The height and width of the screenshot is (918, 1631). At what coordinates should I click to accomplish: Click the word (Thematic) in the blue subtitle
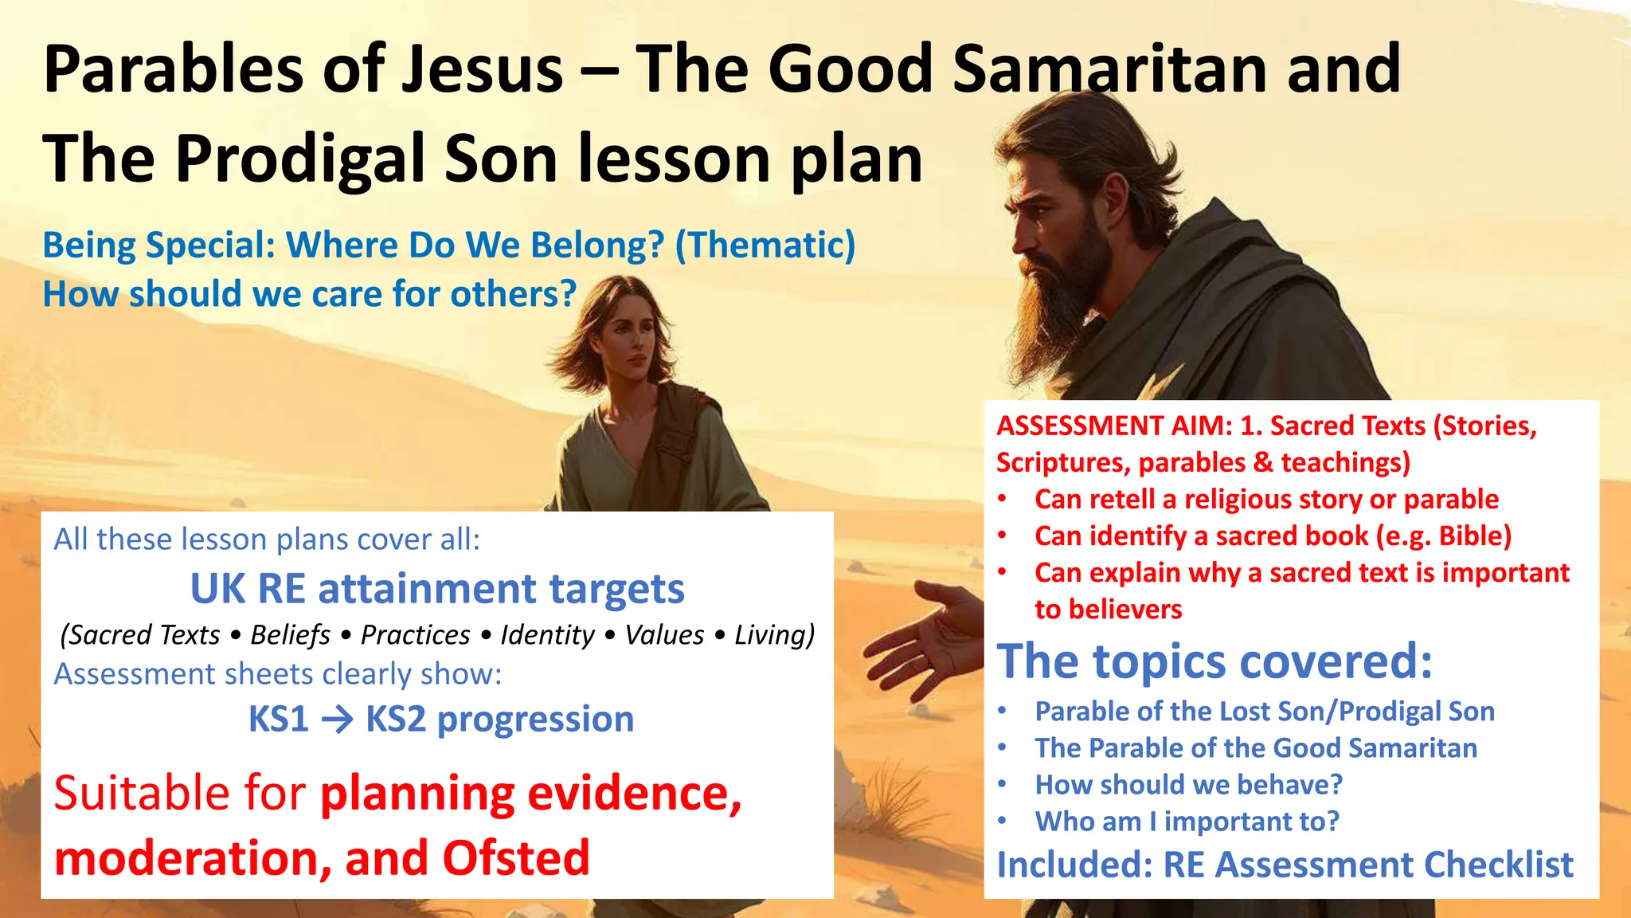click(765, 245)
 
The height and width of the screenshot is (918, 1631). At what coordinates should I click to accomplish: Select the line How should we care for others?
click(309, 294)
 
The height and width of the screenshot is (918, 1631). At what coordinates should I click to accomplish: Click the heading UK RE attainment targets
click(437, 589)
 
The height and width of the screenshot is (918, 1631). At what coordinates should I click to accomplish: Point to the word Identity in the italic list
click(547, 635)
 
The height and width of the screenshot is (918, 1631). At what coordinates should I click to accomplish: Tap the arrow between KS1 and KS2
click(337, 720)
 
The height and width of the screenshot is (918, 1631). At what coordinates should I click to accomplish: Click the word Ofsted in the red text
click(516, 858)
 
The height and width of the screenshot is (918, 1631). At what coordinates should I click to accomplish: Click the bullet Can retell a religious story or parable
click(1266, 500)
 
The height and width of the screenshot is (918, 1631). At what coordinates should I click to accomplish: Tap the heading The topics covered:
click(1214, 661)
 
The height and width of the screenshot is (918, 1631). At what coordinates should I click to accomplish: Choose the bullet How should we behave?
click(1188, 785)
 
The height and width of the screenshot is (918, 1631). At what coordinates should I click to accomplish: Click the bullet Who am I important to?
click(1187, 822)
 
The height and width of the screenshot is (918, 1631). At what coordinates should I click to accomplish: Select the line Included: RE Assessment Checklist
click(1285, 865)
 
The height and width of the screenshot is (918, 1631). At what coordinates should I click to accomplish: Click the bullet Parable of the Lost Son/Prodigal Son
click(1264, 712)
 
